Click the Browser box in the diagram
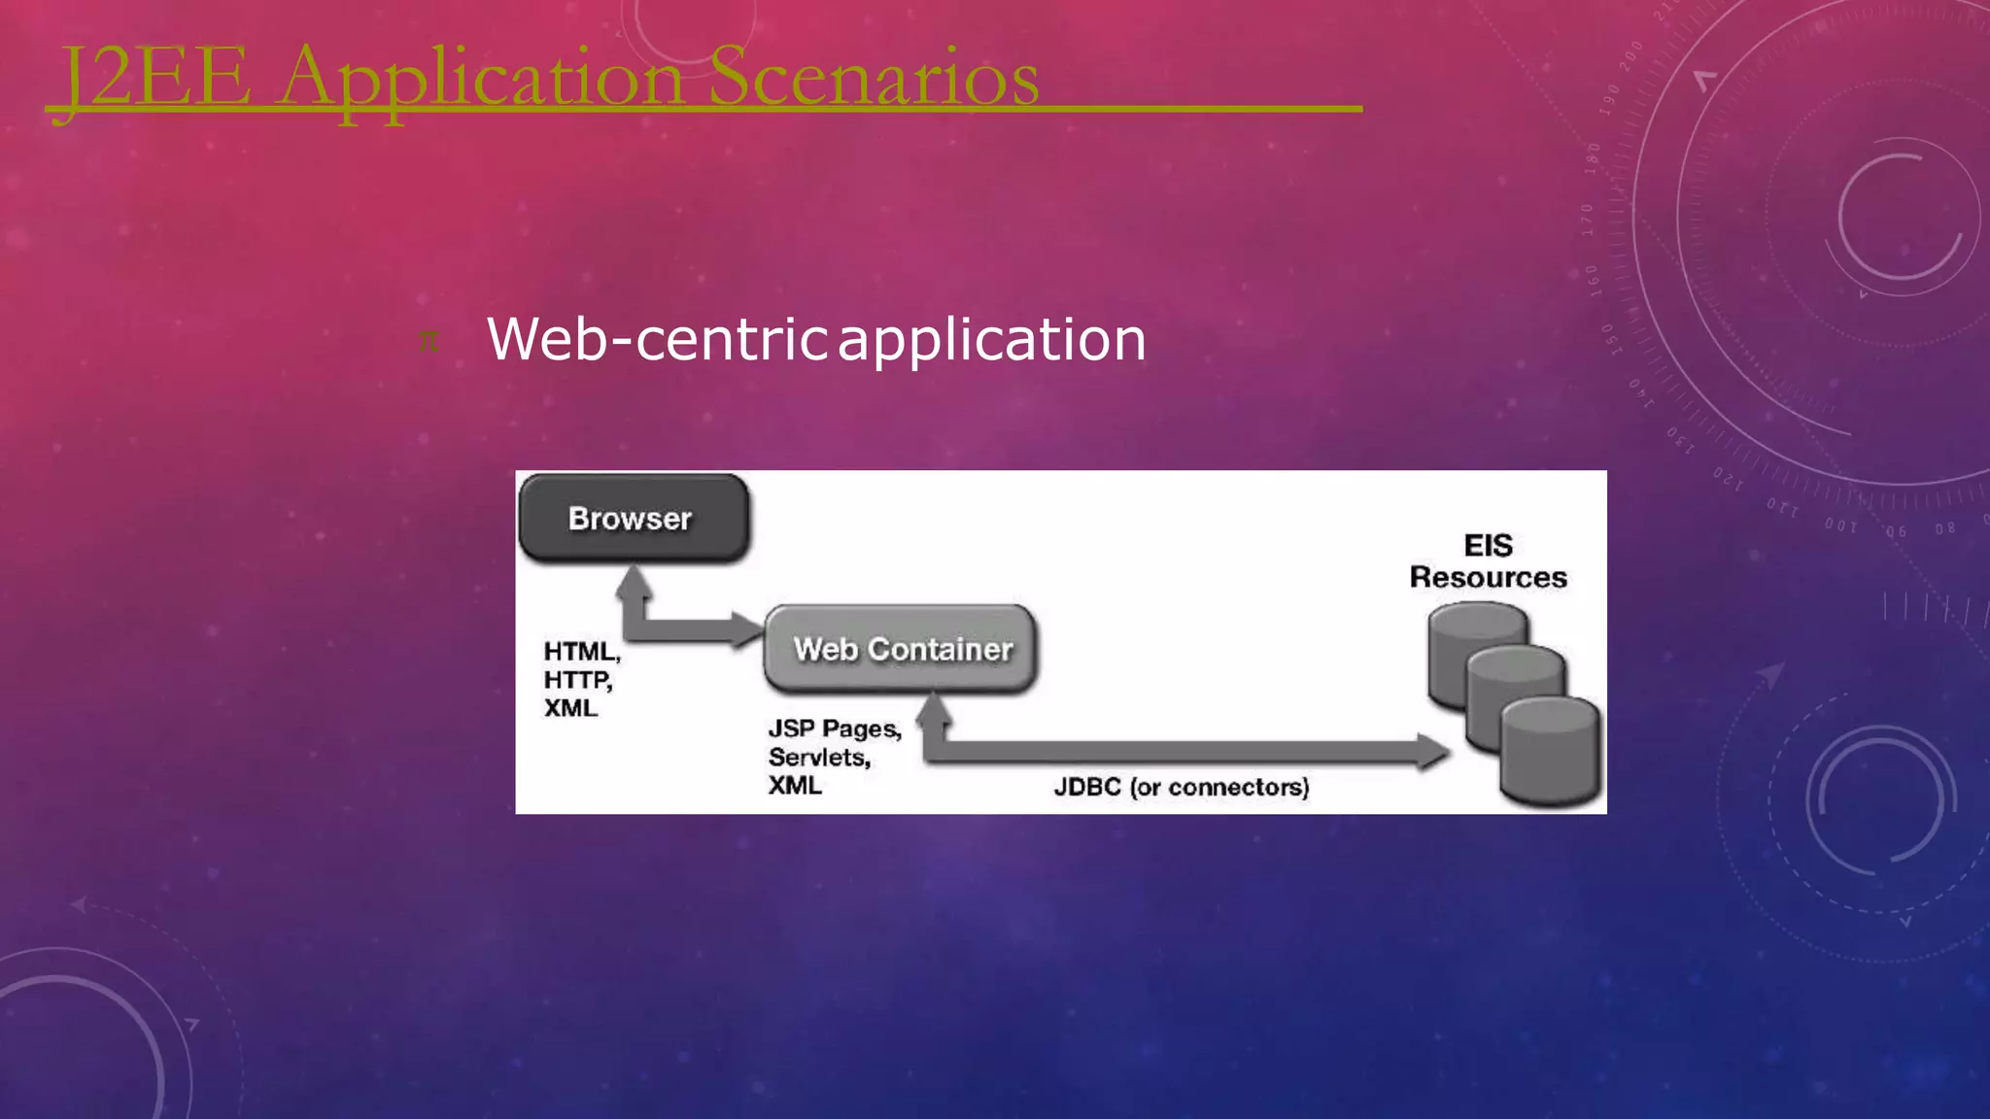point(633,519)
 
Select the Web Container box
point(902,649)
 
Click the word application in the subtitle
point(991,339)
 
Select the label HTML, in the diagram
point(581,651)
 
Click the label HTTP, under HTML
point(577,680)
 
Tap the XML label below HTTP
point(570,708)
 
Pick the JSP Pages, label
point(835,729)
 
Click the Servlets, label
point(818,757)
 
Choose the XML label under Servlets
point(795,785)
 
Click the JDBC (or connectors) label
point(1182,787)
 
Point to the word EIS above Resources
point(1488,545)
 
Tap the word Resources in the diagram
point(1488,577)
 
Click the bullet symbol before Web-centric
point(429,341)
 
